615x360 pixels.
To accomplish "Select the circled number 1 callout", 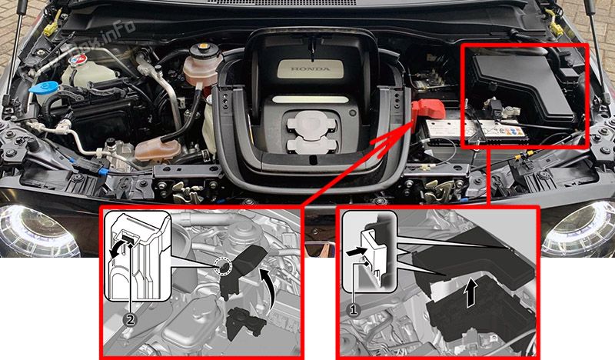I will pyautogui.click(x=354, y=311).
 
